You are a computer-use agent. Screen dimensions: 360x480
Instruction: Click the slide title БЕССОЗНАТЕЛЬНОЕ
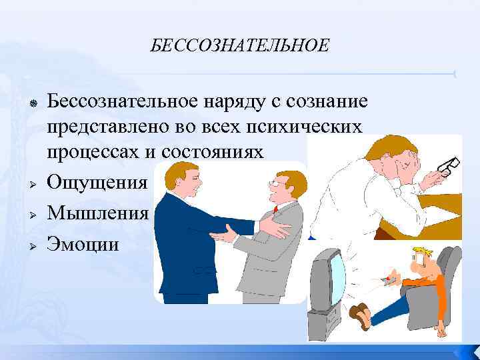coord(239,45)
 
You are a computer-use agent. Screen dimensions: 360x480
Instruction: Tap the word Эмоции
coord(83,244)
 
